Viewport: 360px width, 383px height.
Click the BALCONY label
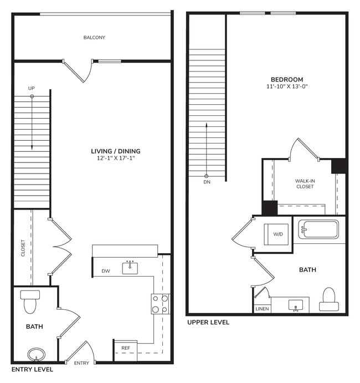point(94,38)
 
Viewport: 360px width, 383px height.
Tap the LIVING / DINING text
point(116,151)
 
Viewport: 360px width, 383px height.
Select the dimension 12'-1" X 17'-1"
point(116,159)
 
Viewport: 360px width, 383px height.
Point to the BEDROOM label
point(286,79)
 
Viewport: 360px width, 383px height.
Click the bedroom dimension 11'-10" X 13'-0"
point(286,87)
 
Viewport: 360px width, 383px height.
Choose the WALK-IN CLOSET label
point(305,183)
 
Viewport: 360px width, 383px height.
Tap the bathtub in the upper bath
point(318,229)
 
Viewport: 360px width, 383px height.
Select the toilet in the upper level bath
point(329,299)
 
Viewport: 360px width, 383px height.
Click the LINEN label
point(262,309)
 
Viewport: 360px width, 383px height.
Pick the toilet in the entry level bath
point(29,301)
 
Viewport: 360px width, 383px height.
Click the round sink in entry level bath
point(37,354)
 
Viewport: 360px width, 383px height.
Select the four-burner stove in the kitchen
point(160,304)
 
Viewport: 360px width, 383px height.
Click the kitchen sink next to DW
point(131,268)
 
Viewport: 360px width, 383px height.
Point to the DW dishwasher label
point(105,271)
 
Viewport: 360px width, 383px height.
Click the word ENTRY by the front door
point(81,363)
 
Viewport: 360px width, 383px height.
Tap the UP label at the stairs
point(32,88)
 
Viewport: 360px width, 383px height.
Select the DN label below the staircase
point(207,182)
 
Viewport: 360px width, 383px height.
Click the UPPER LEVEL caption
point(208,323)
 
